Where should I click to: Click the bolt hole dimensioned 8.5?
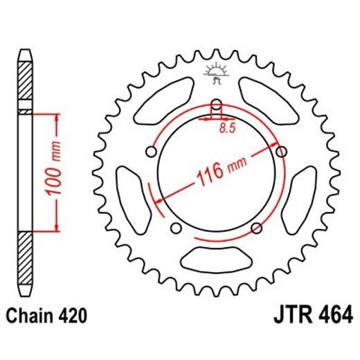(x=216, y=105)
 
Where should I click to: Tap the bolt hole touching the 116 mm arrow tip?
(x=281, y=151)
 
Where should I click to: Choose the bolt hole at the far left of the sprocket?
(x=150, y=152)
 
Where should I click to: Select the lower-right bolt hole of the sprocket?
(x=258, y=228)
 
